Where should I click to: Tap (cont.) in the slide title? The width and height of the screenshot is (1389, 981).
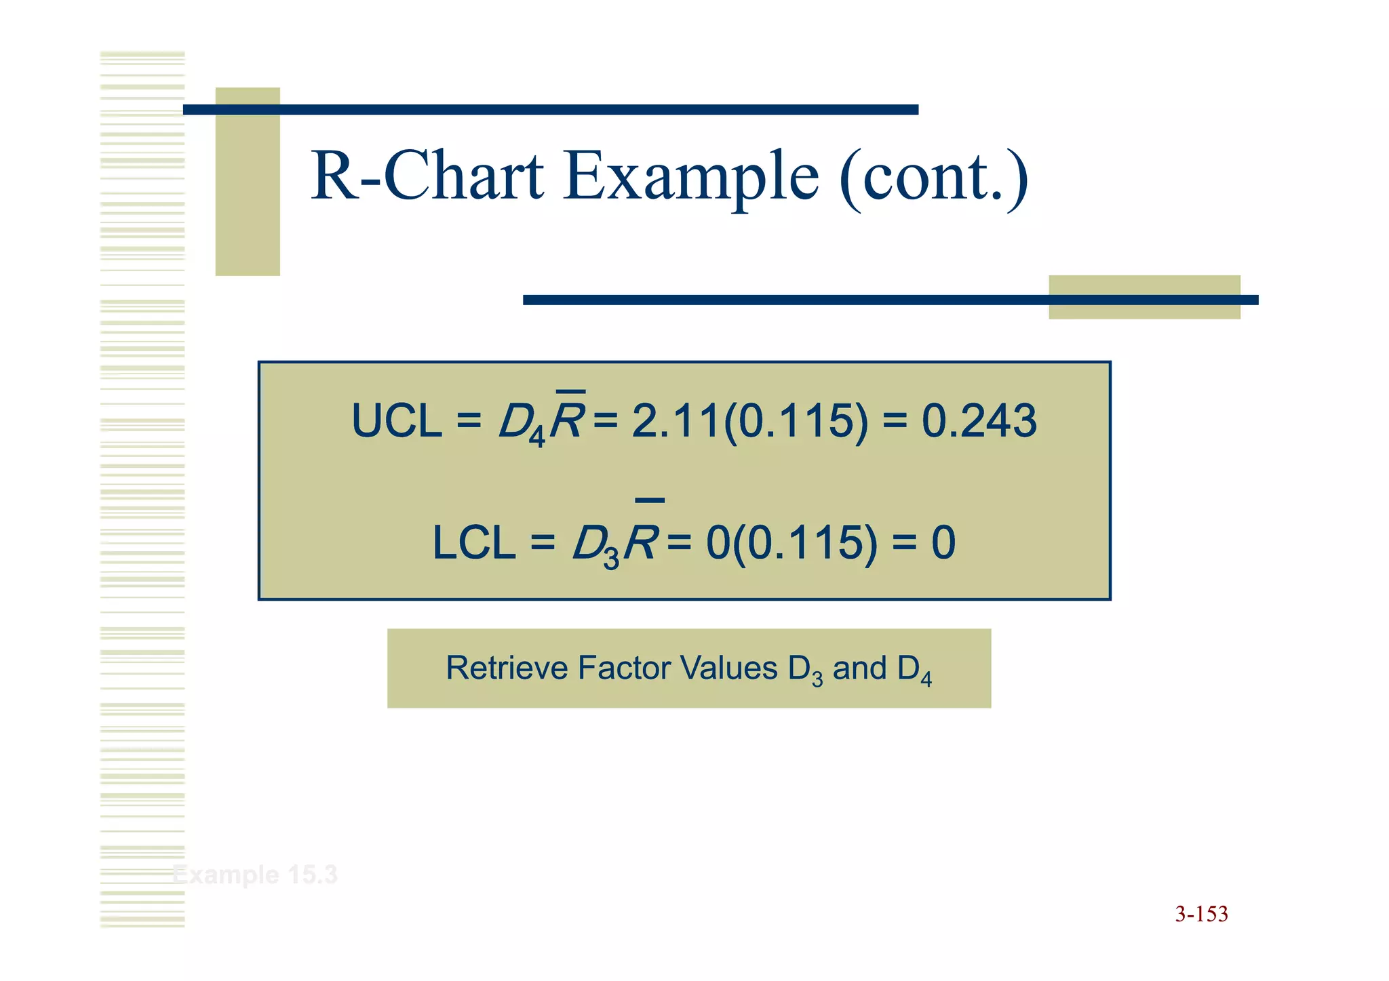click(933, 178)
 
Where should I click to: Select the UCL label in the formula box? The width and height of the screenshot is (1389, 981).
click(397, 421)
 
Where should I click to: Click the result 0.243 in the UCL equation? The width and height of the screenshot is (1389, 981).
click(979, 421)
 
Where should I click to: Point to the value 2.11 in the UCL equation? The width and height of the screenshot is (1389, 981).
click(675, 421)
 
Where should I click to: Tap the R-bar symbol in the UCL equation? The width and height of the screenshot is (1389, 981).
click(567, 420)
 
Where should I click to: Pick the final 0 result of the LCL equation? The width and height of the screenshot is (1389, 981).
click(943, 544)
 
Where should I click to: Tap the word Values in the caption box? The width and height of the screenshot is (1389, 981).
click(728, 668)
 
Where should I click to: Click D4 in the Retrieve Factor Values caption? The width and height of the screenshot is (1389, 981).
click(914, 670)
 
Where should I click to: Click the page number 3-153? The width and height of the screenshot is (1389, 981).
click(1201, 914)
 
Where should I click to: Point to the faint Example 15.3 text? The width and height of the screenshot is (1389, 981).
click(254, 875)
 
